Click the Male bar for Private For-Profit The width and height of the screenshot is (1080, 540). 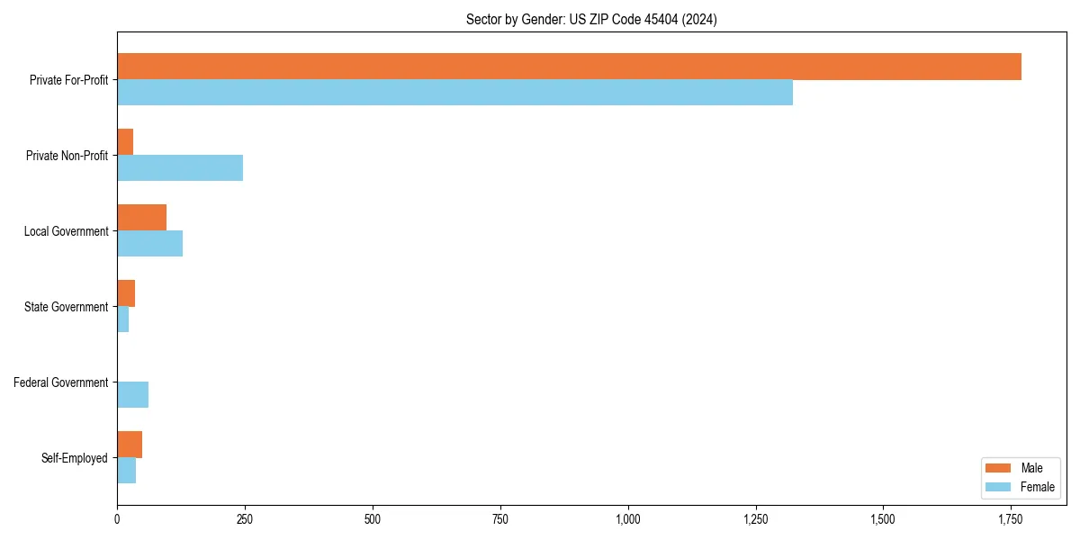[569, 67]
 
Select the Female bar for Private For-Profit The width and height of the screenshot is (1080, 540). [454, 93]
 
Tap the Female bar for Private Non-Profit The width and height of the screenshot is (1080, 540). [180, 168]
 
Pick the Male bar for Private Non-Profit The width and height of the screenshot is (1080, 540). [125, 142]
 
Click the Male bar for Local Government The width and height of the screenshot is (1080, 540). [141, 218]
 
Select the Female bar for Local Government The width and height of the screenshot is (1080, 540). [149, 244]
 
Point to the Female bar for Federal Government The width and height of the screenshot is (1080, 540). [132, 395]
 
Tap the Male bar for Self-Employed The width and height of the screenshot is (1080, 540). [130, 445]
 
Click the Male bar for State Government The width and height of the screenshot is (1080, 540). [126, 293]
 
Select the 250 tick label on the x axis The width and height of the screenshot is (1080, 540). [245, 519]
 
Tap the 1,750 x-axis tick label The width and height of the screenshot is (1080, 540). [1011, 519]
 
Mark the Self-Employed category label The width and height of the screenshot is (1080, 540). [75, 458]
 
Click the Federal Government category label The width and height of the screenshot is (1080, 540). [61, 382]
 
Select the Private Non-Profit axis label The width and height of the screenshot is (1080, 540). [67, 156]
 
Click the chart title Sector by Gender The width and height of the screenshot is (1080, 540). [591, 20]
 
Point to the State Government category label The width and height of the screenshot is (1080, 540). [67, 307]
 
